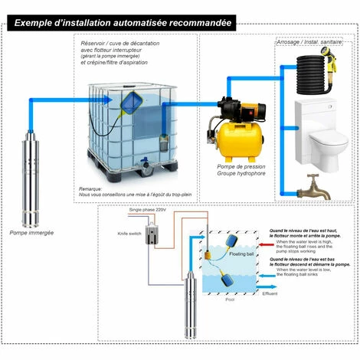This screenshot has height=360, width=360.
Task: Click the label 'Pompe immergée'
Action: pos(31,231)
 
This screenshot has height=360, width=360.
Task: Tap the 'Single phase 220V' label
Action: pos(146,209)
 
